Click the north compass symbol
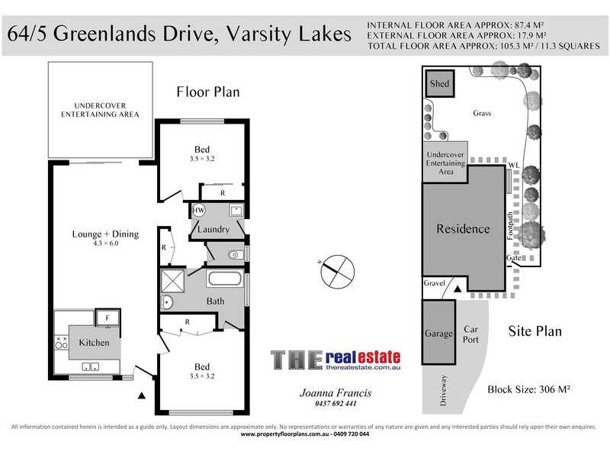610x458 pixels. pyautogui.click(x=336, y=270)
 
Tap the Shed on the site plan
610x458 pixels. pyautogui.click(x=439, y=83)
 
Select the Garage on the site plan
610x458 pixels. pyautogui.click(x=438, y=334)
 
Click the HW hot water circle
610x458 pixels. pyautogui.click(x=198, y=210)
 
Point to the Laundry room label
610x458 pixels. pyautogui.click(x=213, y=229)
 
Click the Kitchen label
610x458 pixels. pyautogui.click(x=95, y=343)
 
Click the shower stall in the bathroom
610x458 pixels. pyautogui.click(x=172, y=281)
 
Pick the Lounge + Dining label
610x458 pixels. pyautogui.click(x=105, y=234)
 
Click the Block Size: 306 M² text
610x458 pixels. pyautogui.click(x=529, y=389)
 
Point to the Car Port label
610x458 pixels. pyautogui.click(x=471, y=335)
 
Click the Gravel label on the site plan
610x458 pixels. pyautogui.click(x=434, y=283)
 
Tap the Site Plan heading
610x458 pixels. pyautogui.click(x=535, y=331)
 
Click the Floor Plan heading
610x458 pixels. pyautogui.click(x=208, y=92)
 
